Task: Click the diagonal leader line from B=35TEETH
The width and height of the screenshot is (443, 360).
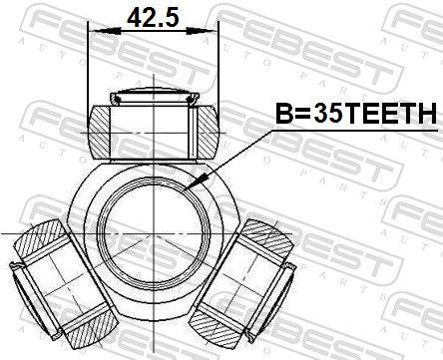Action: [x=234, y=160]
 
